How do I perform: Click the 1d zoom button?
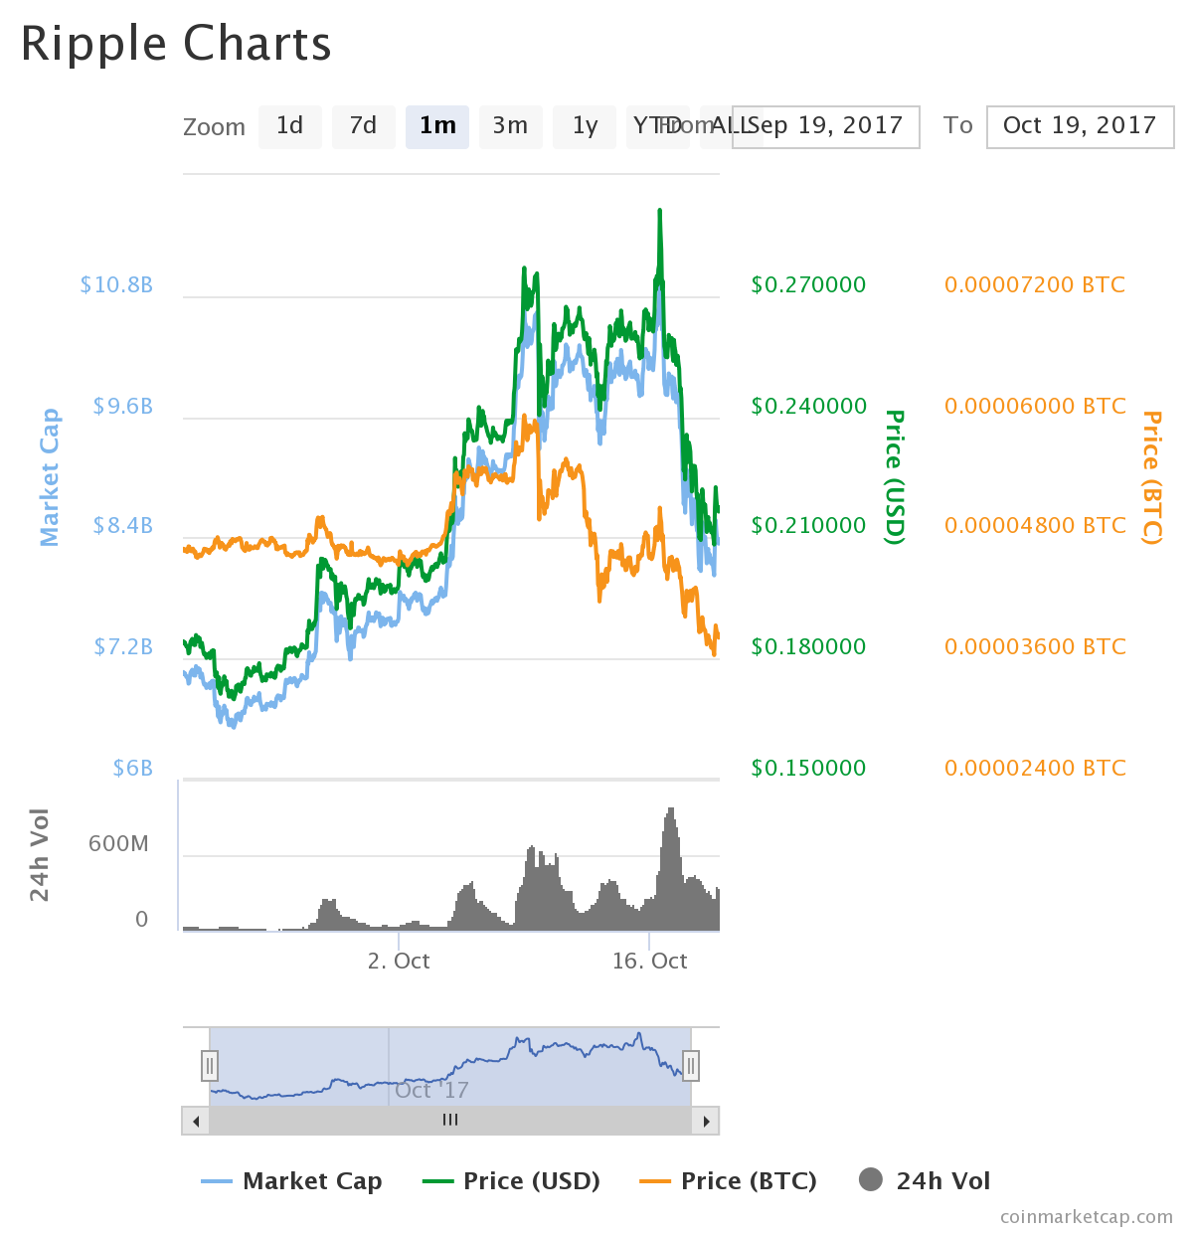click(x=289, y=126)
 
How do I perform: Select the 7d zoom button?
click(x=363, y=126)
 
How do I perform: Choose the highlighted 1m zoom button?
click(x=437, y=126)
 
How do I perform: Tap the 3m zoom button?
click(x=510, y=126)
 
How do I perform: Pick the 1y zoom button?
click(x=585, y=126)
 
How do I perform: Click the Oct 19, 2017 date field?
click(x=1080, y=126)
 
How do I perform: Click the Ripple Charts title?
click(x=176, y=45)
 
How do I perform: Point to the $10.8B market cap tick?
click(x=116, y=285)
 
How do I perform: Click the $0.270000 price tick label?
click(x=808, y=285)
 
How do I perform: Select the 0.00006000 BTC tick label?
click(x=1035, y=407)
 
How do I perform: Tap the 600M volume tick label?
click(x=118, y=844)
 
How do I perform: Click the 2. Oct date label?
click(x=399, y=962)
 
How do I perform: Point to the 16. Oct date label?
click(x=649, y=962)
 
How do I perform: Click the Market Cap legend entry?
click(x=292, y=1181)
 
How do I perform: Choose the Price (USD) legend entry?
click(x=512, y=1181)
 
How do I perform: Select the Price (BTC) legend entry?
click(x=729, y=1181)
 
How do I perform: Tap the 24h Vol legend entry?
click(x=925, y=1181)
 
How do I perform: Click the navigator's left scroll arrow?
click(x=195, y=1121)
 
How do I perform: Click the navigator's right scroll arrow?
click(x=706, y=1121)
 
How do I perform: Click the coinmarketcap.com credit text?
click(x=1086, y=1217)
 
